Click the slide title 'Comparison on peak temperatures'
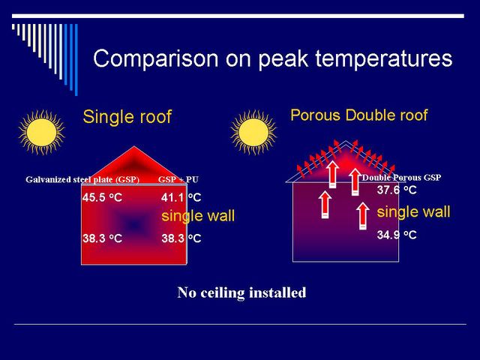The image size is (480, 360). pos(273,58)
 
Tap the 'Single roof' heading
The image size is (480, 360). pos(127,117)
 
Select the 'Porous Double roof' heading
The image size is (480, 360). pos(358,115)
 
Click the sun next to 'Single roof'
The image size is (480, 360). pos(42,132)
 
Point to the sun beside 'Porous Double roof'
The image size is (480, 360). pos(253,132)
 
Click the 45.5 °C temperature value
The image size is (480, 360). pos(102,197)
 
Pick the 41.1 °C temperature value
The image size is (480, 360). pos(181,197)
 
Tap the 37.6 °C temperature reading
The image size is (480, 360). pos(397,190)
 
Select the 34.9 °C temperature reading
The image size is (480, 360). pos(397,235)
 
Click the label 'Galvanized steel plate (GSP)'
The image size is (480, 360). pos(82,179)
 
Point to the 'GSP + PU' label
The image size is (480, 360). pos(178,179)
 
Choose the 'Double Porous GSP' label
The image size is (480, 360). pos(401,178)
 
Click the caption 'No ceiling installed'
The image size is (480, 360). pos(241,292)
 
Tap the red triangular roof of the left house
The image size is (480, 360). pos(134,166)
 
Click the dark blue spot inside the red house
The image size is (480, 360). pos(133,225)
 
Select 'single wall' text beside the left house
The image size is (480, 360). pos(198,216)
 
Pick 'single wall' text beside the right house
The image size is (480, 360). pos(413,211)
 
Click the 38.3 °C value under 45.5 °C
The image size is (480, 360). pos(102,238)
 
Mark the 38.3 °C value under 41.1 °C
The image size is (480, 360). pos(181,238)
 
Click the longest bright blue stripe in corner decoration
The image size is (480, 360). pos(76,60)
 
